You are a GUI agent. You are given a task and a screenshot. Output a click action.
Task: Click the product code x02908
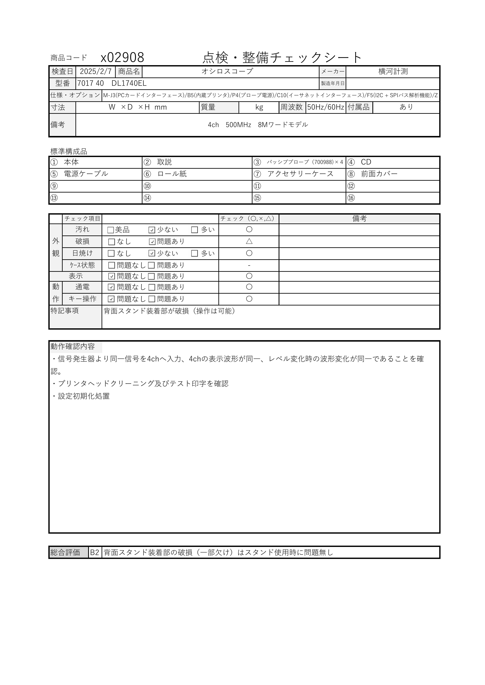click(x=123, y=57)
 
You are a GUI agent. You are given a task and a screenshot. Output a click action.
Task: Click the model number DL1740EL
click(x=129, y=83)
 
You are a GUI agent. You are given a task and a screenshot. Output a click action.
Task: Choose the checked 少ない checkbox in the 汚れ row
click(x=152, y=230)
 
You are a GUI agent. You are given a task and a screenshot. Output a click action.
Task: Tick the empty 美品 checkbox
click(x=111, y=230)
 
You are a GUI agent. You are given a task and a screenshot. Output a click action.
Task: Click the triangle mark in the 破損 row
click(x=249, y=241)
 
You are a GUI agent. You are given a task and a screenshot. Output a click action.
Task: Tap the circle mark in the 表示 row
click(x=249, y=276)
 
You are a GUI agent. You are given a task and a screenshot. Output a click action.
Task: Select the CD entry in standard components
click(x=366, y=162)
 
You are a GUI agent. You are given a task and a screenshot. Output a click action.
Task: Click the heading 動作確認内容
click(x=73, y=346)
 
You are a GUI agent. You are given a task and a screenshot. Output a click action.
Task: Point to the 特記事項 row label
click(x=65, y=311)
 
